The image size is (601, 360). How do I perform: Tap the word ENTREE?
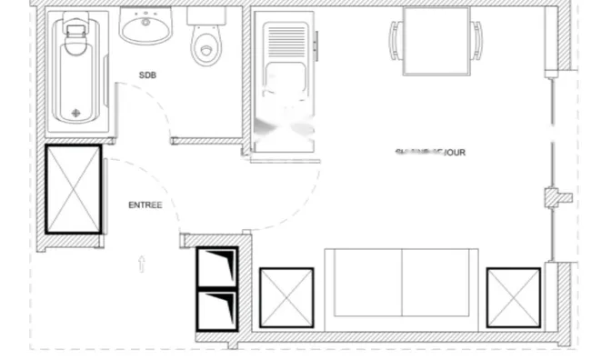145,205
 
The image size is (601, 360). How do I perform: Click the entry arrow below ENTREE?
142,265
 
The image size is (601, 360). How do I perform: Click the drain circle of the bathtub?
76,114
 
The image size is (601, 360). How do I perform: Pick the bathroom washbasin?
145,27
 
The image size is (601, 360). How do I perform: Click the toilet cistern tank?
204,15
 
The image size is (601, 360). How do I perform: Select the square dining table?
436,41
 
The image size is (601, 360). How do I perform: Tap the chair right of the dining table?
476,40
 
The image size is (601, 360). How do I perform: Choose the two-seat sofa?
401,285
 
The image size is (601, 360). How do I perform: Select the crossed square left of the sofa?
287,297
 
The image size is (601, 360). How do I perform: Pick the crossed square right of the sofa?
513,297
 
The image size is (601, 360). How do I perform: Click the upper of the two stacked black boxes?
217,267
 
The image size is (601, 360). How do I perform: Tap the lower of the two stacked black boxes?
217,310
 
